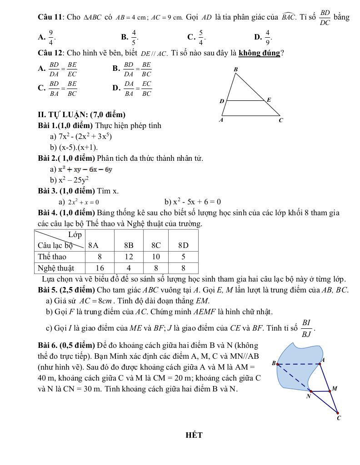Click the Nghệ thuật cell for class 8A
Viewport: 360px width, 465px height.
coord(100,268)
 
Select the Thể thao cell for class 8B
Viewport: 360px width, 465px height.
coord(129,257)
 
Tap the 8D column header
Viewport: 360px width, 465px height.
coord(183,245)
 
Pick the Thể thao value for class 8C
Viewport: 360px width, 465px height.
coord(156,257)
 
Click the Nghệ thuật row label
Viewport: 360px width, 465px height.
coord(56,268)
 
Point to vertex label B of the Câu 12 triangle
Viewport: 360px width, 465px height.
coord(235,69)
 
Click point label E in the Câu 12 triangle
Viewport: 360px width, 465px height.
coord(269,99)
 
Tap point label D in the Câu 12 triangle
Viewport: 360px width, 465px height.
coord(222,101)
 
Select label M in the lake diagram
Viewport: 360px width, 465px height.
coord(335,389)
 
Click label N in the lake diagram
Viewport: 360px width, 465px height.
coord(309,396)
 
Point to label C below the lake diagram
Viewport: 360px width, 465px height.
coord(339,418)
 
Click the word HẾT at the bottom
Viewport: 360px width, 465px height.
coord(194,435)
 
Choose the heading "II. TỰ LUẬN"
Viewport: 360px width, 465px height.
coord(82,114)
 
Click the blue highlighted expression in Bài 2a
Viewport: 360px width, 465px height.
coord(85,169)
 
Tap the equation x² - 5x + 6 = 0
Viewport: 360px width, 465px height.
coord(193,202)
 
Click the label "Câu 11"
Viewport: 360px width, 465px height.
coord(50,17)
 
